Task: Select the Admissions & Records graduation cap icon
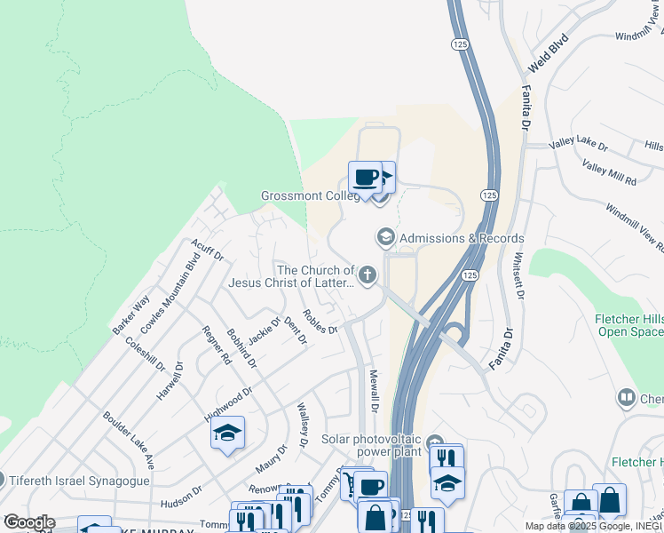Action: pos(385,237)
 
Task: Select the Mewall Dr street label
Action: pos(375,392)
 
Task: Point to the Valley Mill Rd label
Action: pos(610,172)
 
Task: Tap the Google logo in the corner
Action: pos(28,522)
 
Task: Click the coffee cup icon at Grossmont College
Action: pos(365,177)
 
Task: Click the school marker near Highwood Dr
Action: pos(227,434)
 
